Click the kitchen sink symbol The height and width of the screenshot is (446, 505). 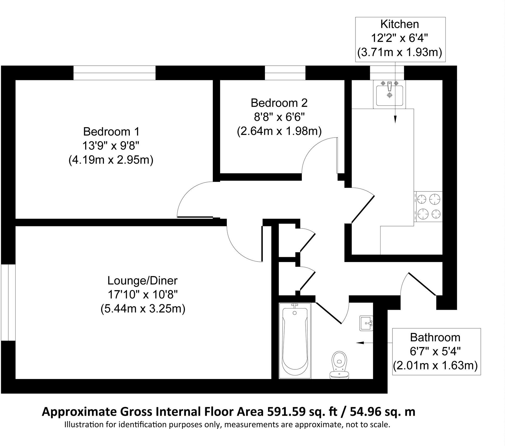(x=389, y=94)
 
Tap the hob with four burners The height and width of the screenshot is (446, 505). (x=428, y=206)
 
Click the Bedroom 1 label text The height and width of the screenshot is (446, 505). (x=111, y=132)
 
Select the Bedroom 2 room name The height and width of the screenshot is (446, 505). (x=279, y=103)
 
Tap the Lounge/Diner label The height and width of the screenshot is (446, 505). (x=142, y=281)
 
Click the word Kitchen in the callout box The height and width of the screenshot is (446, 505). (x=400, y=24)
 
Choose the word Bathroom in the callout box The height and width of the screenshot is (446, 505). (x=435, y=337)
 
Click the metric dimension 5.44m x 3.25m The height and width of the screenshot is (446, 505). (x=143, y=309)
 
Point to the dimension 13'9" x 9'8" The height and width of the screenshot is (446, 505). (x=111, y=146)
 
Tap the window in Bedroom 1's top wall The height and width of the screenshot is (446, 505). (x=114, y=73)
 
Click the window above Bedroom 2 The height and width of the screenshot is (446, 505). (x=285, y=73)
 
